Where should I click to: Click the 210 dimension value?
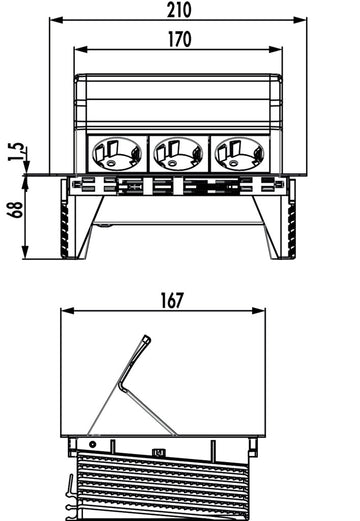179,10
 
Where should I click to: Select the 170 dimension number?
179,39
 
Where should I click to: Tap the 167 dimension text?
172,301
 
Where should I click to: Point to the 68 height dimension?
16,210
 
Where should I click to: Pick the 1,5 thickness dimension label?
16,152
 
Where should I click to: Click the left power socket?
117,153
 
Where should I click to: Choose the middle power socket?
178,153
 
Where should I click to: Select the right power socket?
240,153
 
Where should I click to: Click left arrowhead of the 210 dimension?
56,20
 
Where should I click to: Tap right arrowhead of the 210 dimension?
300,20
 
